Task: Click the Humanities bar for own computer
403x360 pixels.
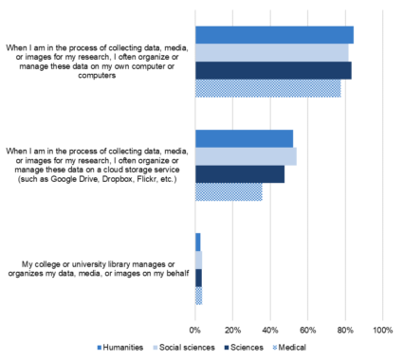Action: (274, 35)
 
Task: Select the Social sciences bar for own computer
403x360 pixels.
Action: (272, 52)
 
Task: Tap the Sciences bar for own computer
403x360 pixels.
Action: (273, 70)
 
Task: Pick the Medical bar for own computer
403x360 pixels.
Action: (267, 88)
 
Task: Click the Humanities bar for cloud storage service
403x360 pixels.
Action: (244, 138)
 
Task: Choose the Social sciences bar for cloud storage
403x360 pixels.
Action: (246, 156)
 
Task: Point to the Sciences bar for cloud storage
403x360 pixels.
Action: (240, 174)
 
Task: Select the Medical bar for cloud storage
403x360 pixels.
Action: (229, 191)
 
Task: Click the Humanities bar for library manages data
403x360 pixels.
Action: (198, 242)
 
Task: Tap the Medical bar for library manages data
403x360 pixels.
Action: (198, 296)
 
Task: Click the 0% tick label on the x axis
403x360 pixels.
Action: (195, 330)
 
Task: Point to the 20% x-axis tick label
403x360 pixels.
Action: (232, 330)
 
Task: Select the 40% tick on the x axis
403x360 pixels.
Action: (270, 330)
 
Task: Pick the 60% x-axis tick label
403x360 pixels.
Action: (307, 330)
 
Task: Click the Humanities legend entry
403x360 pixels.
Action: (126, 348)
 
